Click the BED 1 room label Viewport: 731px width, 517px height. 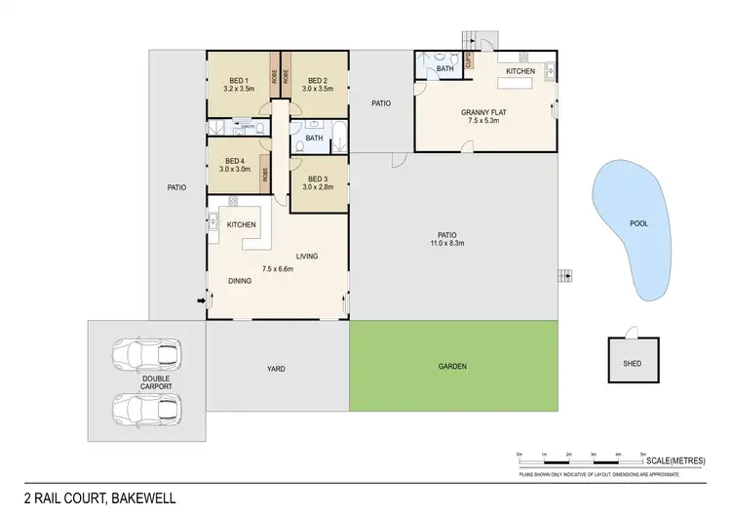(x=239, y=80)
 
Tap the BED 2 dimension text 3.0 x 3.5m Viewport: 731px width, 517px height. (x=317, y=89)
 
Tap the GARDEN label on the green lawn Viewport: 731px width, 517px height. (x=453, y=367)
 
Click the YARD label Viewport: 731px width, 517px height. (x=277, y=369)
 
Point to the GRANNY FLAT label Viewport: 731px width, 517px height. (x=481, y=113)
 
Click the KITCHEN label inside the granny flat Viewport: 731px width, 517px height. (x=519, y=72)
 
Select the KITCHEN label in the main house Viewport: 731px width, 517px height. (x=242, y=225)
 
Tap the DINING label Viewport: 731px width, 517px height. (x=241, y=281)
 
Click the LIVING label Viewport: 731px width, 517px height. (x=308, y=257)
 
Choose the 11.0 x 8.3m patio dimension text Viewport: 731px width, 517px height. (x=447, y=244)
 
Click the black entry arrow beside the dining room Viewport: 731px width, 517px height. (x=202, y=300)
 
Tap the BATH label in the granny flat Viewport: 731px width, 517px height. (x=444, y=68)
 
